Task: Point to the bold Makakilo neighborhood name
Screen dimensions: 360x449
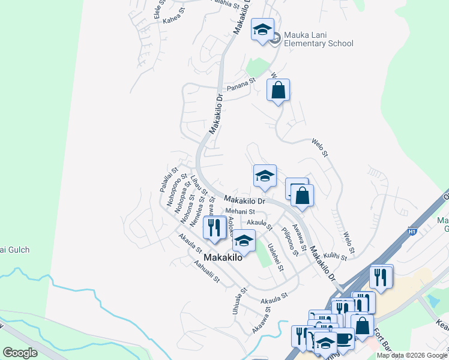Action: pos(223,257)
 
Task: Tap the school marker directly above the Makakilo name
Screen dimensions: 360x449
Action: pos(243,241)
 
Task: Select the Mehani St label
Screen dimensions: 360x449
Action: pos(240,212)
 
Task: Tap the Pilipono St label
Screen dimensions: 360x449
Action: pos(290,241)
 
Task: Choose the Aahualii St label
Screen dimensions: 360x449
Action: pos(206,271)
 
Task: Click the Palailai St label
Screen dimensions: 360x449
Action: pos(168,179)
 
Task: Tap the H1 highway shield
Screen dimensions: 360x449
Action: pos(412,230)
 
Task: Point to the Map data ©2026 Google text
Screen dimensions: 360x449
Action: pos(412,355)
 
